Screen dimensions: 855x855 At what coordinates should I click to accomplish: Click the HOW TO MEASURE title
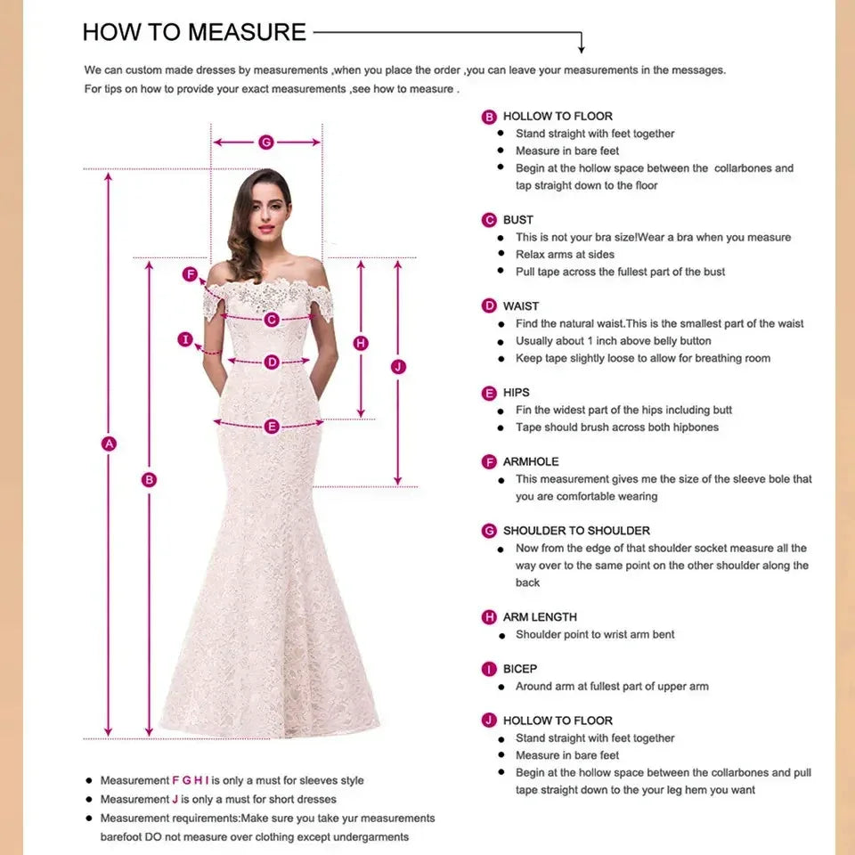(x=194, y=33)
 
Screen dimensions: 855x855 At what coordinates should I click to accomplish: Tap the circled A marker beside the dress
(x=110, y=444)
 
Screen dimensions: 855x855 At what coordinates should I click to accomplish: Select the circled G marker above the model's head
(x=265, y=142)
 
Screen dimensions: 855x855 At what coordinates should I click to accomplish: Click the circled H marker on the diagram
(x=361, y=343)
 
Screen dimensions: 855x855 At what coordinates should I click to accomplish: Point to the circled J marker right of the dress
(x=398, y=366)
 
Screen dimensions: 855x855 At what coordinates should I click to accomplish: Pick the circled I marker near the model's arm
(x=185, y=339)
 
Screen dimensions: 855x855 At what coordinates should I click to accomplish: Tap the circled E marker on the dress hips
(x=272, y=427)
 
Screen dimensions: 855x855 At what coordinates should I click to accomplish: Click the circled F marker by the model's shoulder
(x=190, y=274)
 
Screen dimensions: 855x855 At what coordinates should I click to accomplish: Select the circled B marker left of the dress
(x=150, y=479)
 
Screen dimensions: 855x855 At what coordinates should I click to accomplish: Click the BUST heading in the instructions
(x=517, y=220)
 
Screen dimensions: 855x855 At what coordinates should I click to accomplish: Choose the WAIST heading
(x=521, y=306)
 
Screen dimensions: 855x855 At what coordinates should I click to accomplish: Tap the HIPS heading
(x=516, y=393)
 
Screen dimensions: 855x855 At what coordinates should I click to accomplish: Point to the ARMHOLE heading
(x=531, y=462)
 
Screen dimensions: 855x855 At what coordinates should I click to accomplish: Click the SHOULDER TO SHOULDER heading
(x=576, y=531)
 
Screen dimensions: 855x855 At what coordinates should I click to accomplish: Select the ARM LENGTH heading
(x=540, y=617)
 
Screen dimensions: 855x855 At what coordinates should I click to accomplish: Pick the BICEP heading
(x=520, y=669)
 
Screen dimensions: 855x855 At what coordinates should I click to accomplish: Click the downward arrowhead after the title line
(x=582, y=47)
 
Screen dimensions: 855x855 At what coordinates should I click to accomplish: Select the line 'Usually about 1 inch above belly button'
(x=613, y=341)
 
